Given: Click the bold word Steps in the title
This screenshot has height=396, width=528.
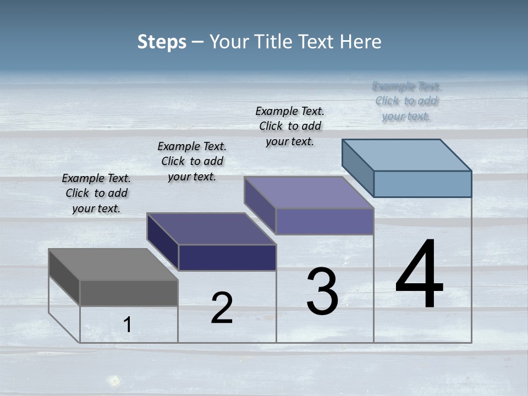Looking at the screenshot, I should tap(161, 42).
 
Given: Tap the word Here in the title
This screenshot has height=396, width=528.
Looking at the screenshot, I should tap(360, 42).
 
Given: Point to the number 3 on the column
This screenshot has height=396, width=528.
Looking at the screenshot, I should tap(322, 291).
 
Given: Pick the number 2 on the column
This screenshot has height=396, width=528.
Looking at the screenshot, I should tap(222, 308).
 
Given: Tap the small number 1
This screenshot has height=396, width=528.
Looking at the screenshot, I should tap(128, 324).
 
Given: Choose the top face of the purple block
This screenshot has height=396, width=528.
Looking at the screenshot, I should tap(309, 193).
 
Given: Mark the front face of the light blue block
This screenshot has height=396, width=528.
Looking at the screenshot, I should tap(422, 184).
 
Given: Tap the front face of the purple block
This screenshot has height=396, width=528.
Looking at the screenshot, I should tap(324, 221).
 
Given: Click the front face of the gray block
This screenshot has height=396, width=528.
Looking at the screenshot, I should tap(129, 293).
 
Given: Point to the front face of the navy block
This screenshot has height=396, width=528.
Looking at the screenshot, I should tap(227, 257).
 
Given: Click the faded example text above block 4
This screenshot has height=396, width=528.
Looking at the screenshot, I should tap(406, 101).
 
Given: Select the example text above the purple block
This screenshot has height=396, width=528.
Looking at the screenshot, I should tap(290, 126).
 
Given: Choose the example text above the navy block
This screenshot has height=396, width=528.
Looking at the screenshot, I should tap(192, 161).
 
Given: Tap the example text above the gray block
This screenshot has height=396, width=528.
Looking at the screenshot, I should tap(96, 193).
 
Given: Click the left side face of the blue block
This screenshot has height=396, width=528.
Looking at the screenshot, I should tap(358, 167).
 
